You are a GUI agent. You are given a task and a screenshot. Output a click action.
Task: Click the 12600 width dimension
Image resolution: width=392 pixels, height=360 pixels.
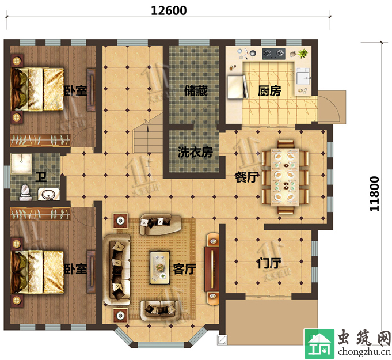click(x=169, y=11)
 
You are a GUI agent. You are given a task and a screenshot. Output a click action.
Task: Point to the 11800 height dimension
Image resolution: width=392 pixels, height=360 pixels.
click(x=375, y=194)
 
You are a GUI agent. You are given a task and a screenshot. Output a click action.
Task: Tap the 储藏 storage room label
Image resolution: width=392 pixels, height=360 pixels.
click(x=196, y=91)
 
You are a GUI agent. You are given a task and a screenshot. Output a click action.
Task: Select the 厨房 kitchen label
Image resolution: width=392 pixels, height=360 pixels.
click(x=269, y=91)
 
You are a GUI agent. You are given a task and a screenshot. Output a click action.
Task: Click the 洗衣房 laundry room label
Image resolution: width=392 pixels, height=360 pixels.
click(x=195, y=152)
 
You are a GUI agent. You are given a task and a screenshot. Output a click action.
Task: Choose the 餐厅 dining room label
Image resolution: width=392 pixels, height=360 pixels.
click(x=246, y=177)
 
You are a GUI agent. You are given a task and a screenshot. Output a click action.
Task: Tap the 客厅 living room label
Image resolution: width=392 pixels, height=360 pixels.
click(x=185, y=269)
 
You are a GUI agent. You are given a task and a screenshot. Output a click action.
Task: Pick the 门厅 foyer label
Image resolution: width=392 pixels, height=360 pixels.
click(x=269, y=263)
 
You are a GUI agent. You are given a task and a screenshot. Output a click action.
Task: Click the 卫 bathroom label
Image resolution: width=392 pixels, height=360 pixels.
click(x=41, y=177)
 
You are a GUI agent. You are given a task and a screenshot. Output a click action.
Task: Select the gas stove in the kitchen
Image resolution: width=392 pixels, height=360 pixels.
click(x=274, y=54)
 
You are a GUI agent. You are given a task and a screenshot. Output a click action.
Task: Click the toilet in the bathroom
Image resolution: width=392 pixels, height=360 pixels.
click(x=25, y=192)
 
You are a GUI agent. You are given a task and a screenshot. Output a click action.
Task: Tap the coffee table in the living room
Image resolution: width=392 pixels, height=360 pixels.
click(x=159, y=267)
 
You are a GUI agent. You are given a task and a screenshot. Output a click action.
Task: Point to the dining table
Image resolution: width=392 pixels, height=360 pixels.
click(x=285, y=177)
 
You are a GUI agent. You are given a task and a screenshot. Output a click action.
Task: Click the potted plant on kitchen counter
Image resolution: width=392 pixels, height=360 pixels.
click(x=303, y=53)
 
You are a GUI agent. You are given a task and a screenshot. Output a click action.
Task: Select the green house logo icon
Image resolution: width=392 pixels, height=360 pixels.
click(x=319, y=344)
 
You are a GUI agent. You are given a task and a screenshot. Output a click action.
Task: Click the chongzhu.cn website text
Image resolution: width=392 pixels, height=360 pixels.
click(x=364, y=351)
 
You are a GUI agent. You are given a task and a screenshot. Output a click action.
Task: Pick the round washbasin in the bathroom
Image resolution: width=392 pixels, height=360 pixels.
click(x=49, y=194)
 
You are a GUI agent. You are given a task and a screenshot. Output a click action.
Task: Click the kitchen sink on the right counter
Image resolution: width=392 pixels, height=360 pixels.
click(x=303, y=77)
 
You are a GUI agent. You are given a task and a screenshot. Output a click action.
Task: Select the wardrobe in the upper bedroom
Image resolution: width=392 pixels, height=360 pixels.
click(x=40, y=141)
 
